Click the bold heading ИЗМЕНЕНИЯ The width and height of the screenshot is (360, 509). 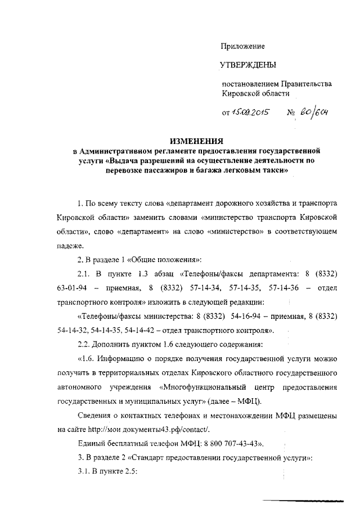pyautogui.click(x=197, y=141)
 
